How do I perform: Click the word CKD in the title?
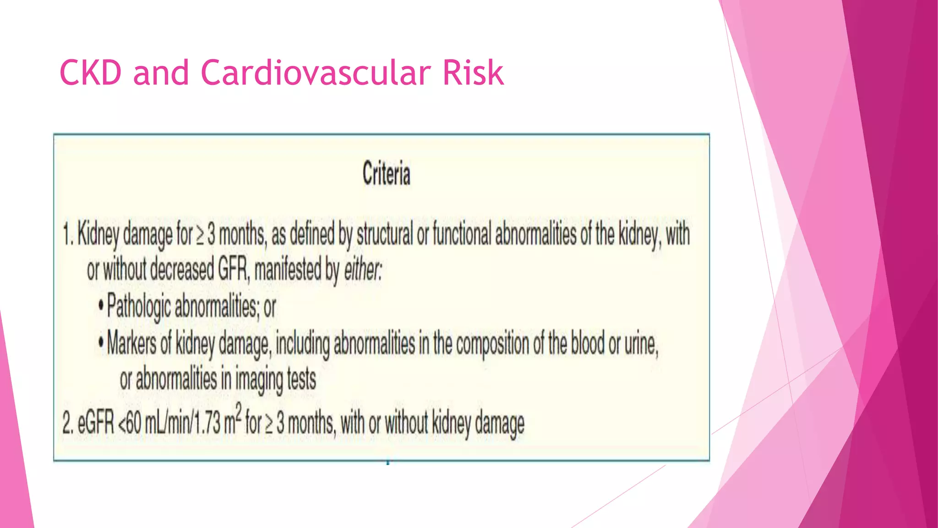point(91,73)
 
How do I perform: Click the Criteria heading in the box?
point(386,174)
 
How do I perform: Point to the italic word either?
point(362,269)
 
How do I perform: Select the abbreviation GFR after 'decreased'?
point(233,269)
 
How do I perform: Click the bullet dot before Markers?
point(101,342)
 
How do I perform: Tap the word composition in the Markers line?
point(492,344)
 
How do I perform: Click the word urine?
point(641,344)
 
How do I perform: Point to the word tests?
point(301,379)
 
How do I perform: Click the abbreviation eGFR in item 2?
point(96,423)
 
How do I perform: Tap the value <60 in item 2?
point(130,423)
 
